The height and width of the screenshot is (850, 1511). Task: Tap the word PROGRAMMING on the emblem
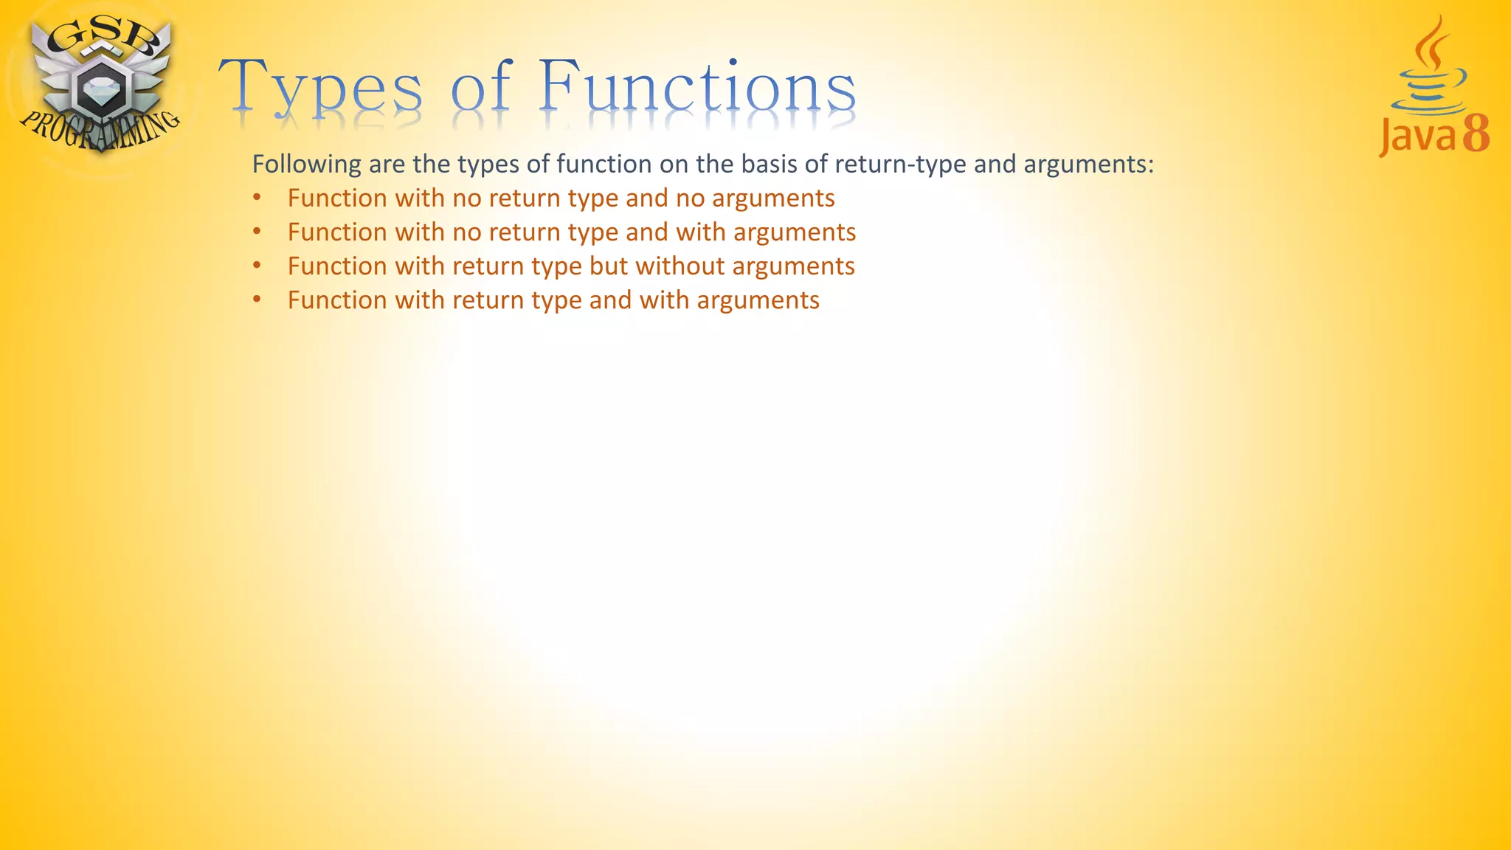coord(99,128)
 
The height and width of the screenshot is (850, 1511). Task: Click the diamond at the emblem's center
coord(99,91)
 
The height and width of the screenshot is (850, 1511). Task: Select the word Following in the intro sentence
coord(307,164)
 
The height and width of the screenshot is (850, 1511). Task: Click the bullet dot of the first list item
coord(257,198)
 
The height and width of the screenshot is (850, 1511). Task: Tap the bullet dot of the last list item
coord(257,300)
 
